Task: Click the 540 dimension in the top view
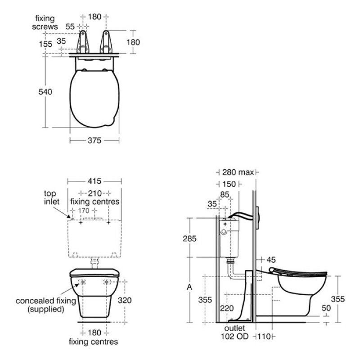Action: tap(45, 92)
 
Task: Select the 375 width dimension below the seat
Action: tap(94, 140)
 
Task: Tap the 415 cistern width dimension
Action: tap(94, 181)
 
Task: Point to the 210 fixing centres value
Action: tap(95, 193)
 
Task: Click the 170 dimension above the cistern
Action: tap(84, 210)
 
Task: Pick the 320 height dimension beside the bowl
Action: tap(125, 300)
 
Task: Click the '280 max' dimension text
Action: tap(238, 172)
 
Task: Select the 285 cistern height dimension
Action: tap(189, 239)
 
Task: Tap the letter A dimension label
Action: tap(189, 287)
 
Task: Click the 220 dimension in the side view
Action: tap(227, 308)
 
